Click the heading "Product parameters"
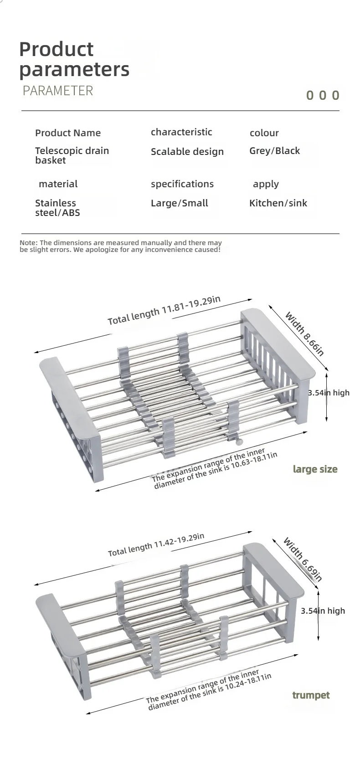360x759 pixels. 74,59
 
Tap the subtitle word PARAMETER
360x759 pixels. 58,91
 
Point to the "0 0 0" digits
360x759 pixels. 323,95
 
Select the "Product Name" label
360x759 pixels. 68,133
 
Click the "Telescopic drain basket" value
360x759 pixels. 72,155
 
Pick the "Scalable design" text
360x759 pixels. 187,152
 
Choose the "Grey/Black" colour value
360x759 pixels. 274,151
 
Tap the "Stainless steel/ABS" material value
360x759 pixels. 57,208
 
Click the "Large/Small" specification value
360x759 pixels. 179,203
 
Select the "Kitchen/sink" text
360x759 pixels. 278,203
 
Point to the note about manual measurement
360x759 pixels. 121,246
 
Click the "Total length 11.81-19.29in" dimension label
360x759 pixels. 164,310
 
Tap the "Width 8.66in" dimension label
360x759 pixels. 304,334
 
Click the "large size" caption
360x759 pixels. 315,469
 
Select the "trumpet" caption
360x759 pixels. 311,695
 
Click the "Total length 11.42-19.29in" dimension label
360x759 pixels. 156,544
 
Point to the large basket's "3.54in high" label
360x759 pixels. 329,392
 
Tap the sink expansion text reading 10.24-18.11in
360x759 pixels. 209,691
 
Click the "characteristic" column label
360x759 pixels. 181,132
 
